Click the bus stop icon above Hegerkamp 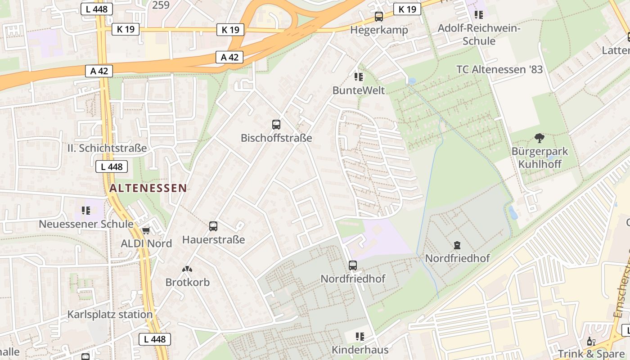click(x=379, y=17)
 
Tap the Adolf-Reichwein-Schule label click(x=479, y=35)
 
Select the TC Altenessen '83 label click(x=499, y=70)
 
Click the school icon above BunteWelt click(x=359, y=77)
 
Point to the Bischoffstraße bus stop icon click(x=276, y=125)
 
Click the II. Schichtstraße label click(x=107, y=148)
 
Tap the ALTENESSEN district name click(x=148, y=188)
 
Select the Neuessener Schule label click(x=86, y=224)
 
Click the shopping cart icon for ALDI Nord click(x=146, y=231)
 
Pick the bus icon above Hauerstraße click(x=213, y=226)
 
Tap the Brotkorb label click(x=188, y=283)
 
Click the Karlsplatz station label click(x=110, y=314)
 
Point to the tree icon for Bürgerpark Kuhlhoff click(x=539, y=138)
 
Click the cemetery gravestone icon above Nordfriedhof click(x=457, y=245)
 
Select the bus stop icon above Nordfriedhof click(x=353, y=265)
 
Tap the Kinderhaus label click(x=360, y=350)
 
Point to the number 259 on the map click(x=161, y=5)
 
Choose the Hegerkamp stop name click(x=379, y=30)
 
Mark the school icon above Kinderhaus click(x=360, y=336)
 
